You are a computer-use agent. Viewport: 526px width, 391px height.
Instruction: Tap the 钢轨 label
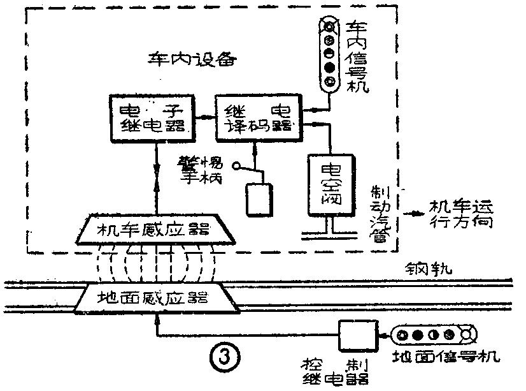432,269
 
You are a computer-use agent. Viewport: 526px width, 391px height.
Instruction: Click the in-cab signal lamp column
329,55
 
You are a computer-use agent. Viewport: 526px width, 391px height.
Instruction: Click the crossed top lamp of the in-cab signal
329,26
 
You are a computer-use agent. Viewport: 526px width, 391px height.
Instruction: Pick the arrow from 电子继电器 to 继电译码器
203,117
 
